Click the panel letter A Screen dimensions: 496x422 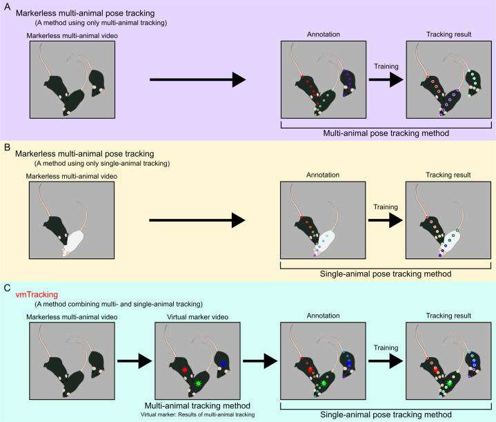coord(7,6)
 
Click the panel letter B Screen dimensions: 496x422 coord(7,147)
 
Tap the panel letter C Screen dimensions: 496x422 coord(8,288)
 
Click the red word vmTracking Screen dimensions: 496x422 coord(37,295)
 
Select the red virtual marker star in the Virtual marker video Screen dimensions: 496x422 coord(185,370)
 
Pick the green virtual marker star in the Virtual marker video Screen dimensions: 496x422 coord(198,383)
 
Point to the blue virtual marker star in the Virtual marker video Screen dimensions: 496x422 coord(223,364)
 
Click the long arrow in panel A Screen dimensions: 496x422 coord(198,79)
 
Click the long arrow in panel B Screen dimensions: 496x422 coord(197,220)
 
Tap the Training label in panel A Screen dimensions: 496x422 coord(386,66)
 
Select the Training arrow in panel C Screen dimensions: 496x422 coord(386,361)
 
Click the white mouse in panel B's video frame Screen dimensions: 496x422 coord(73,242)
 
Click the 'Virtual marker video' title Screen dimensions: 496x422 coord(198,317)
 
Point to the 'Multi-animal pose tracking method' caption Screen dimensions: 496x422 coord(386,133)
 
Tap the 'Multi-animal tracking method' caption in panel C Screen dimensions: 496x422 coord(197,406)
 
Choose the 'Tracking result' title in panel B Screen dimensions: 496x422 coord(448,175)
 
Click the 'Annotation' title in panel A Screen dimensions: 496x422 coord(324,35)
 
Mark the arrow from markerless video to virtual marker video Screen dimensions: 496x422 coord(135,361)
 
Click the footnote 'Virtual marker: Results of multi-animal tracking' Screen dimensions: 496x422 coord(198,414)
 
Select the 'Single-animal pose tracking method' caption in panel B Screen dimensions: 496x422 coord(386,274)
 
